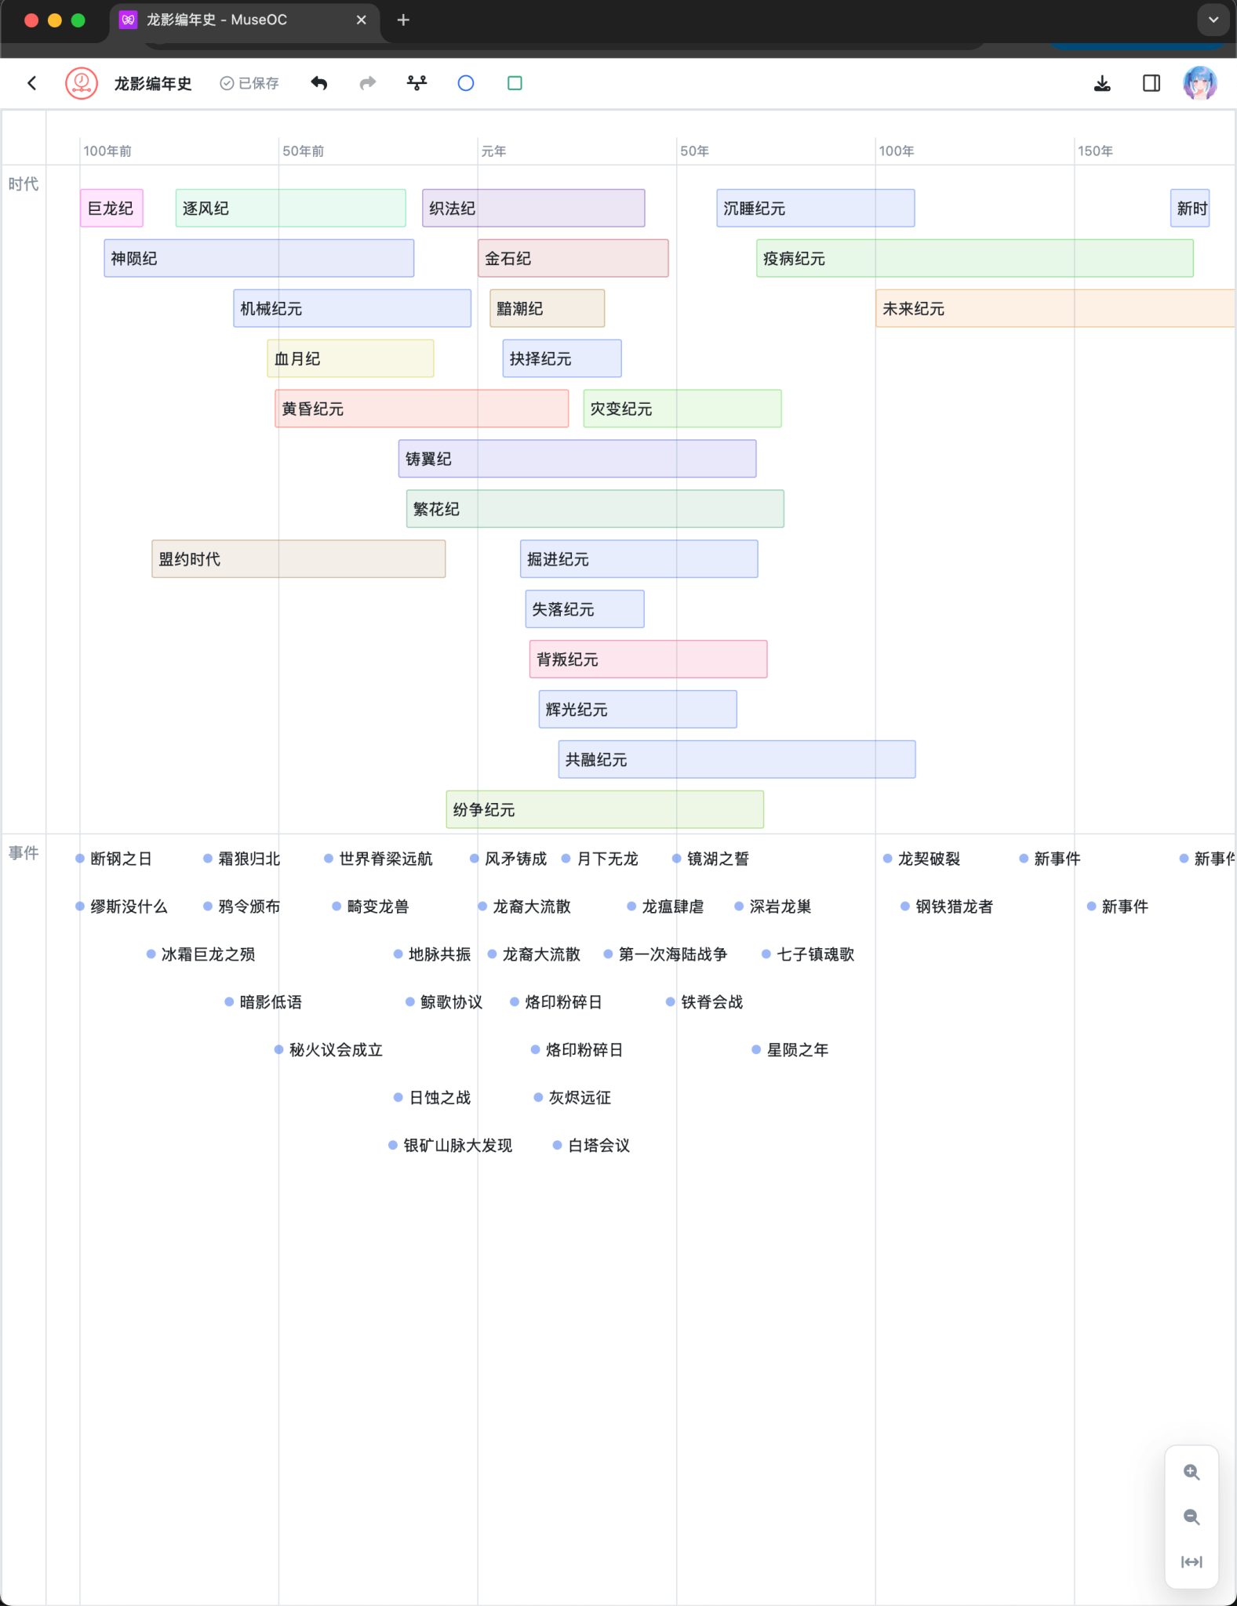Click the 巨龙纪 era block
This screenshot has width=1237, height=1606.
(x=111, y=209)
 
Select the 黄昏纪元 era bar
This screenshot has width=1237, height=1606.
(x=421, y=409)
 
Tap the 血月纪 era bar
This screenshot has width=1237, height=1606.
(x=350, y=358)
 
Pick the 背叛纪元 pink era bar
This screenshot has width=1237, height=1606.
(x=648, y=659)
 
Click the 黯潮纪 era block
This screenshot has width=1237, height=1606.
(x=547, y=308)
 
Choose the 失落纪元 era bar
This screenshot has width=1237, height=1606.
(x=584, y=609)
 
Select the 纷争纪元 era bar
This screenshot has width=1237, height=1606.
(x=604, y=809)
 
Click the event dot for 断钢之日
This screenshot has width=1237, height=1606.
(x=80, y=859)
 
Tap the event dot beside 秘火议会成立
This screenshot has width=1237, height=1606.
(x=278, y=1050)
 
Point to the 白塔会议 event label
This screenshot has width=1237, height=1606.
(x=598, y=1146)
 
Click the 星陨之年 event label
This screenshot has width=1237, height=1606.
(x=797, y=1050)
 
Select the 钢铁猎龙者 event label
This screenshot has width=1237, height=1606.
(x=954, y=907)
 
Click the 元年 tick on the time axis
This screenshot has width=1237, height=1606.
(x=493, y=151)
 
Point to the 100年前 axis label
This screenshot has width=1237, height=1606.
(x=107, y=151)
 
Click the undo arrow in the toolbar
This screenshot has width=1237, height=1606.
(x=319, y=83)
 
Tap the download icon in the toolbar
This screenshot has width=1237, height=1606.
(x=1102, y=83)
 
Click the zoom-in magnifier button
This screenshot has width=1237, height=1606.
(x=1192, y=1472)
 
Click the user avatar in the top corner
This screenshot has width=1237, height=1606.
(x=1199, y=83)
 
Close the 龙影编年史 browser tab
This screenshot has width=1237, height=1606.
(x=362, y=20)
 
